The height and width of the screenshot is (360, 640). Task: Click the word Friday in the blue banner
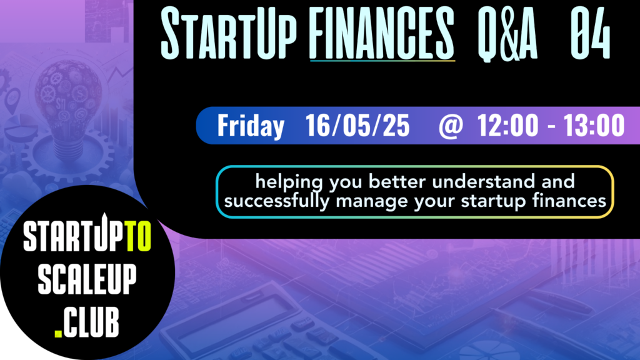251,126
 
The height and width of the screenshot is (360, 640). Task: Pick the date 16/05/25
357,125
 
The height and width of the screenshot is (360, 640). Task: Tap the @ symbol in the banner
451,126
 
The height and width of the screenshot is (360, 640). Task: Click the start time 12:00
507,125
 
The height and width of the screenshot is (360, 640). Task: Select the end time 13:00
594,125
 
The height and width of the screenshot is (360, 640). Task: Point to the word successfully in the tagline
277,201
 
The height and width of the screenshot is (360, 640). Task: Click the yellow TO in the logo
138,236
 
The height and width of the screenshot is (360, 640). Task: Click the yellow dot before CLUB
58,334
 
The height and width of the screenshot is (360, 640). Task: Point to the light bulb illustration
67,107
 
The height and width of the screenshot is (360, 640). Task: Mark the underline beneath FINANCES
382,61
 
